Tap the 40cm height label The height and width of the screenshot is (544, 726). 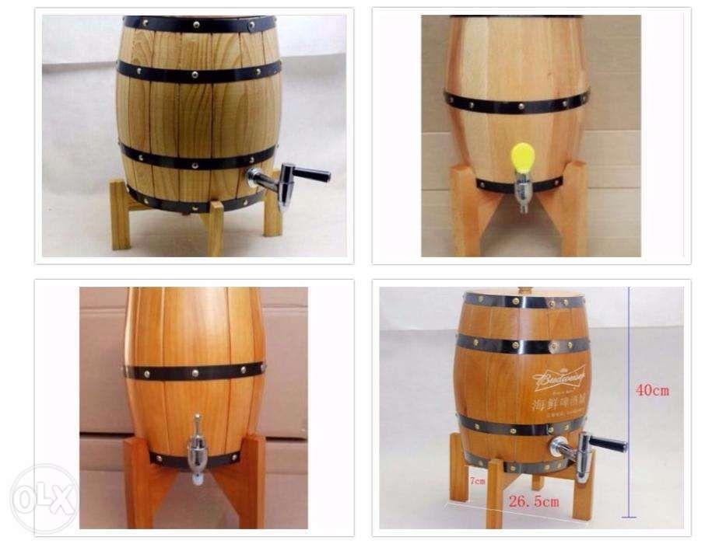coord(652,390)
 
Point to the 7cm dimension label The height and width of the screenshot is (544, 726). coord(476,481)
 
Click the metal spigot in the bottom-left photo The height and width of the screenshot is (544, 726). coord(197,448)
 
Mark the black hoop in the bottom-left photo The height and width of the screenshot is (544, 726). coord(195,371)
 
